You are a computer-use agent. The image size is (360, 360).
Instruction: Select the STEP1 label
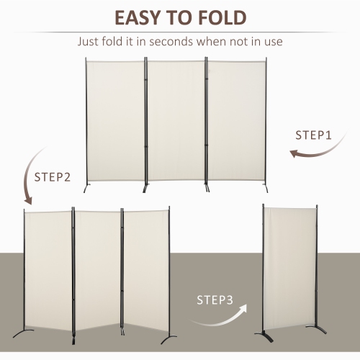tap(315, 135)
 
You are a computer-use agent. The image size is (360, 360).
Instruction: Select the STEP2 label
tap(53, 176)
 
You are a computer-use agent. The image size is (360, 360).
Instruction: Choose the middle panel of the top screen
tap(177, 119)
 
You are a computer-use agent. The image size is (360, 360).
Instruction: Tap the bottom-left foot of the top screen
tap(89, 189)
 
